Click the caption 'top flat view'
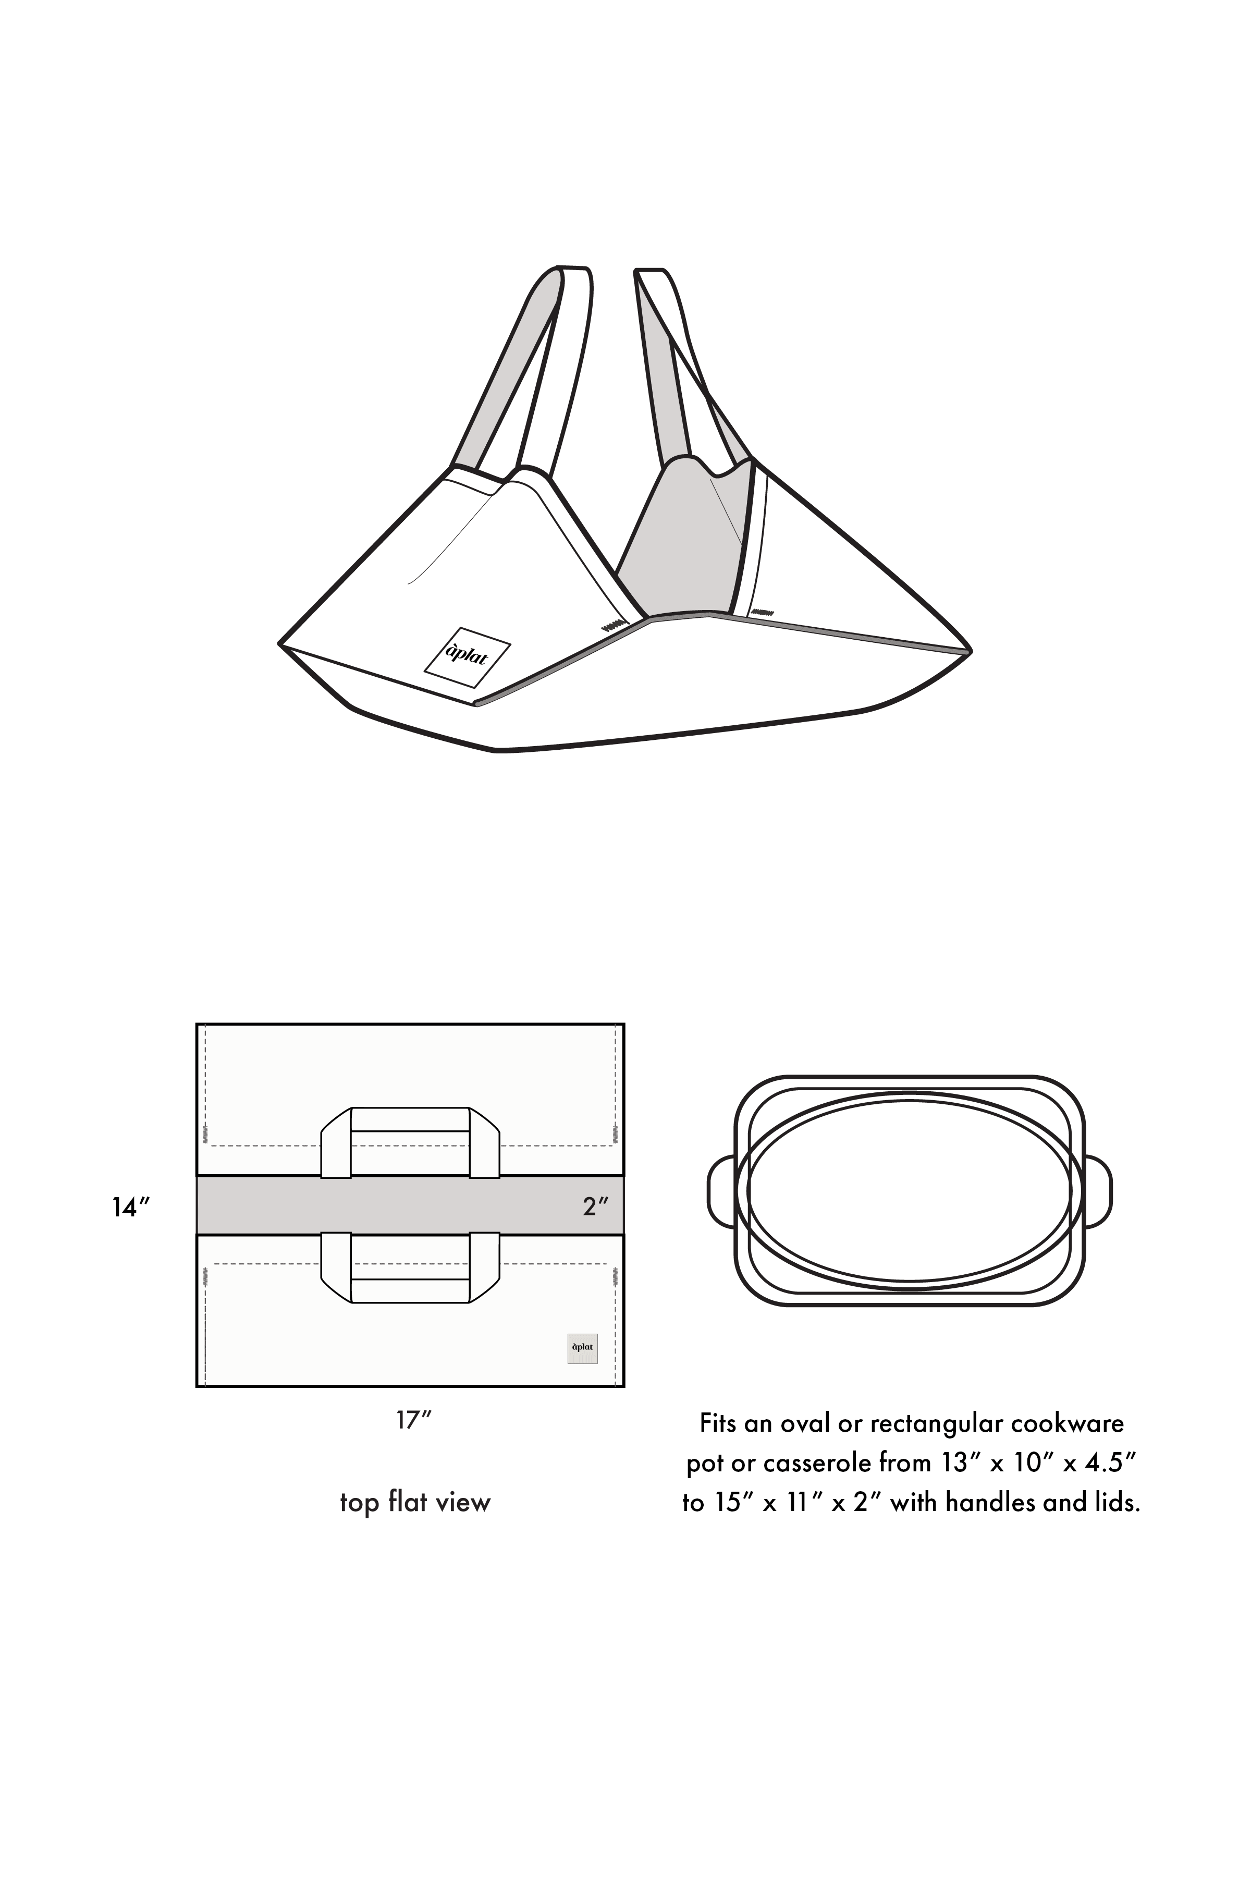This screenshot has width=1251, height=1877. [x=415, y=1503]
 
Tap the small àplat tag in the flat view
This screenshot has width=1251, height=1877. [x=582, y=1348]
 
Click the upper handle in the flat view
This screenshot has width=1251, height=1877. [x=410, y=1142]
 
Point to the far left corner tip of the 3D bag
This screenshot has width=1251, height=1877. [x=280, y=642]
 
